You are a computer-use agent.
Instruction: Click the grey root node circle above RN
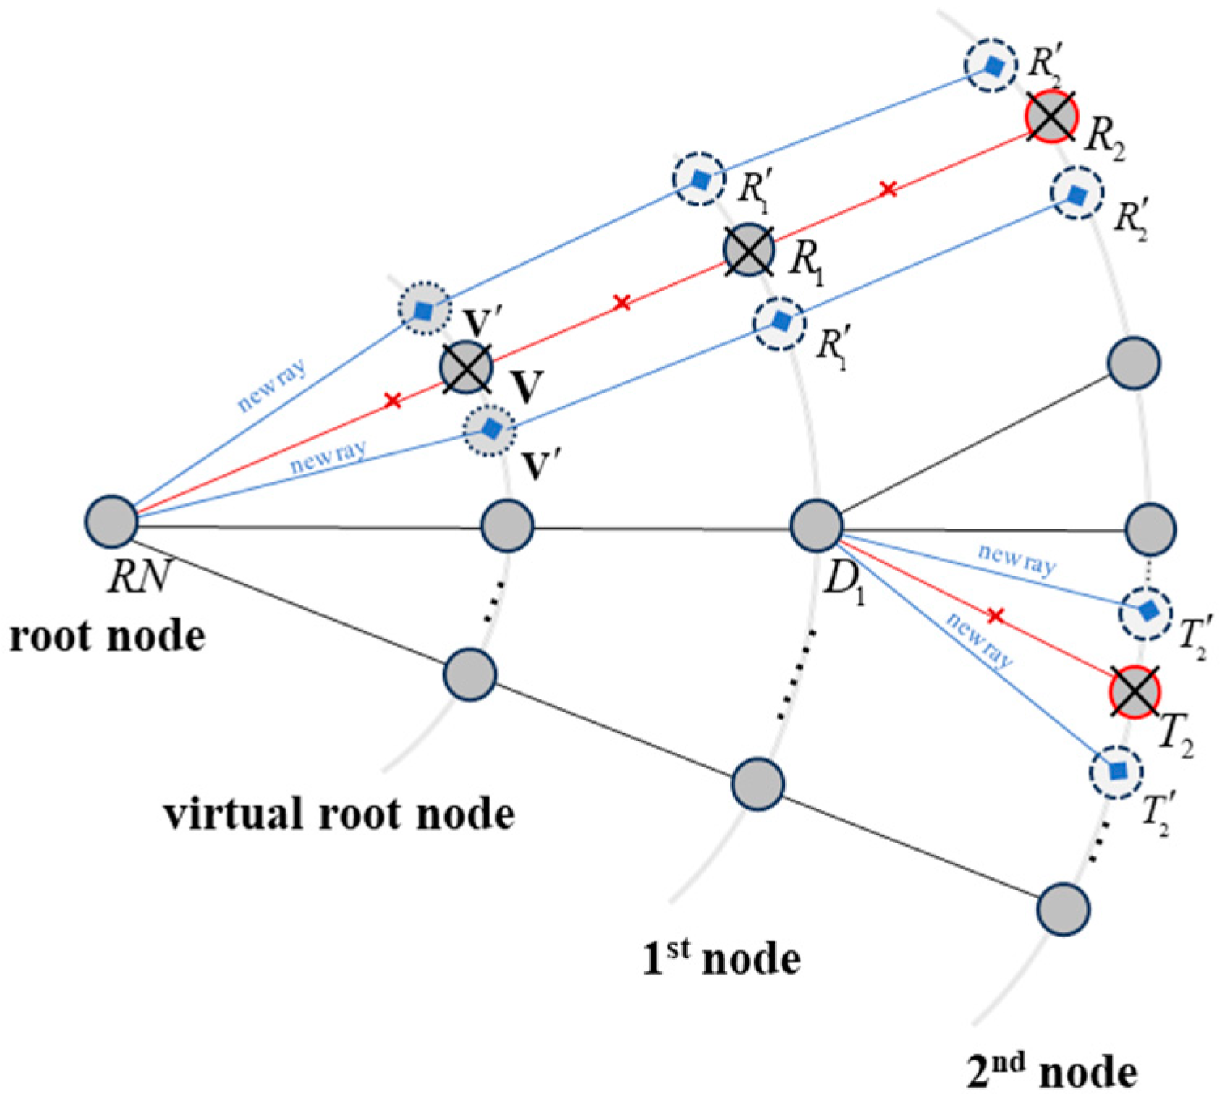pyautogui.click(x=112, y=522)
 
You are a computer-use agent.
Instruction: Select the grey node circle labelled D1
pyautogui.click(x=816, y=525)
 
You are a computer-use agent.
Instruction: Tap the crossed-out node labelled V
pyautogui.click(x=466, y=368)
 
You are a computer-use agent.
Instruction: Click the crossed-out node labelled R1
pyautogui.click(x=749, y=250)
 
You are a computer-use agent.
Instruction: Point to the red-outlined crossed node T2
pyautogui.click(x=1135, y=692)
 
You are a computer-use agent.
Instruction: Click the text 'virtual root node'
pyautogui.click(x=339, y=814)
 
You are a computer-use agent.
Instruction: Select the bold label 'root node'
pyautogui.click(x=107, y=636)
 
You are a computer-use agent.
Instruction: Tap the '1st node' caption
pyautogui.click(x=720, y=958)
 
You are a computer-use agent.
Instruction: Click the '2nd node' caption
pyautogui.click(x=1052, y=1072)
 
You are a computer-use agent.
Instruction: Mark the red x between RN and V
pyautogui.click(x=392, y=400)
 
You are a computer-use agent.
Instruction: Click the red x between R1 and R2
pyautogui.click(x=888, y=189)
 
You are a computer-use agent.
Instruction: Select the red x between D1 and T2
pyautogui.click(x=995, y=617)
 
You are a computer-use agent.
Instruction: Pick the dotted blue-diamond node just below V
pyautogui.click(x=489, y=429)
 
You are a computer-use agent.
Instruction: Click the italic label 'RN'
pyautogui.click(x=139, y=576)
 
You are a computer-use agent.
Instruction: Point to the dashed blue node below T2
pyautogui.click(x=1117, y=772)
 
